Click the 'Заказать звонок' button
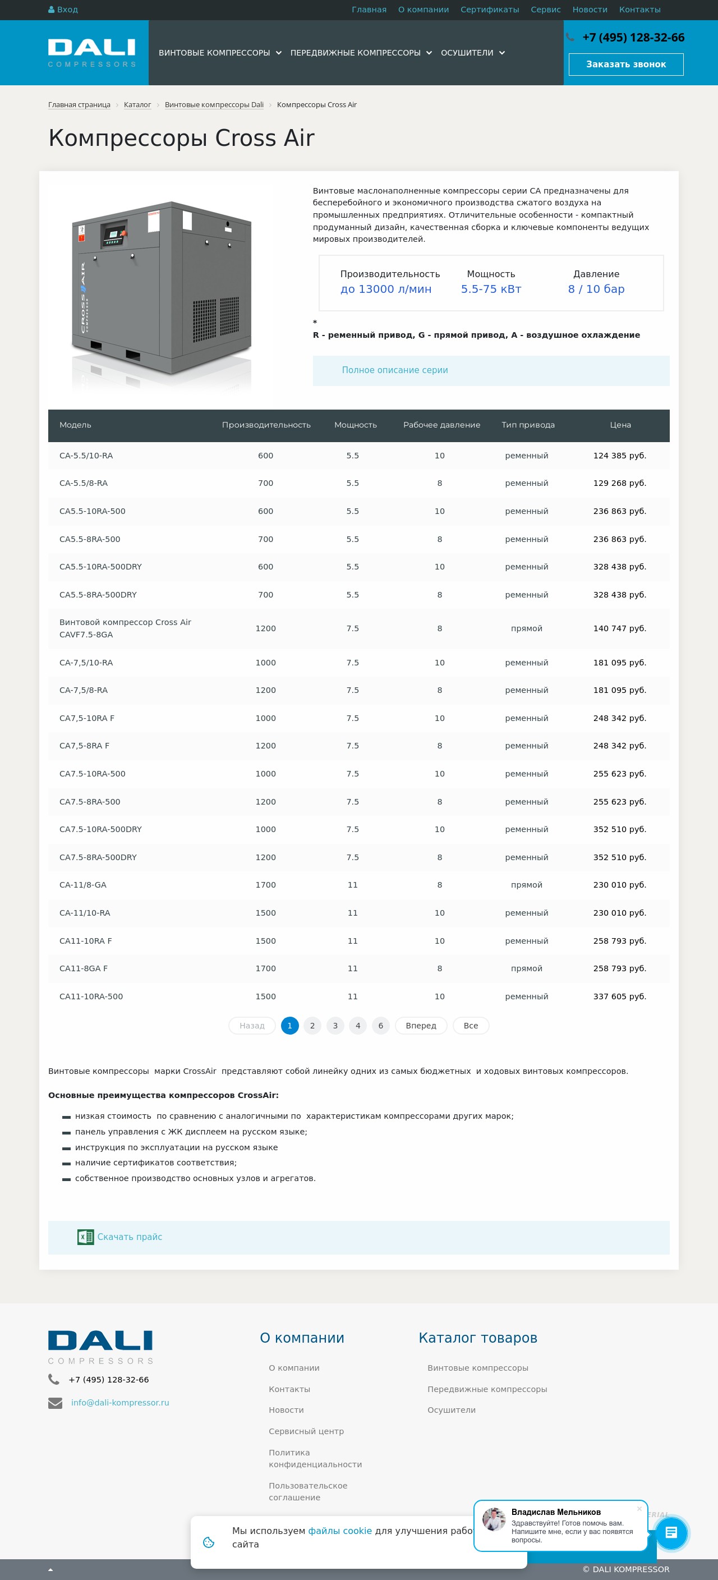(x=625, y=65)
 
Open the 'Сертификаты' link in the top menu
(x=489, y=10)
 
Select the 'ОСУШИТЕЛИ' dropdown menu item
(x=472, y=53)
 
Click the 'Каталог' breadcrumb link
(x=137, y=105)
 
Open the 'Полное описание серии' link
(x=394, y=370)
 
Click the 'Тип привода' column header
(x=527, y=425)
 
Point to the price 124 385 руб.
(x=619, y=456)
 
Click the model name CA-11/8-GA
(x=83, y=885)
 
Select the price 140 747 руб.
(x=619, y=628)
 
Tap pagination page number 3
(x=335, y=1026)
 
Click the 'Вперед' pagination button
(x=421, y=1026)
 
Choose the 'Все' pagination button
(x=470, y=1026)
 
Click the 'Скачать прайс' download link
(x=130, y=1237)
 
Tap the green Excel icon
(x=85, y=1237)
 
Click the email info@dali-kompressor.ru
(x=119, y=1403)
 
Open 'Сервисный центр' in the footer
(x=306, y=1431)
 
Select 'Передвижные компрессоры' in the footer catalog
(x=487, y=1389)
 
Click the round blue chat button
(x=671, y=1533)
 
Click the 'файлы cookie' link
(x=340, y=1531)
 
